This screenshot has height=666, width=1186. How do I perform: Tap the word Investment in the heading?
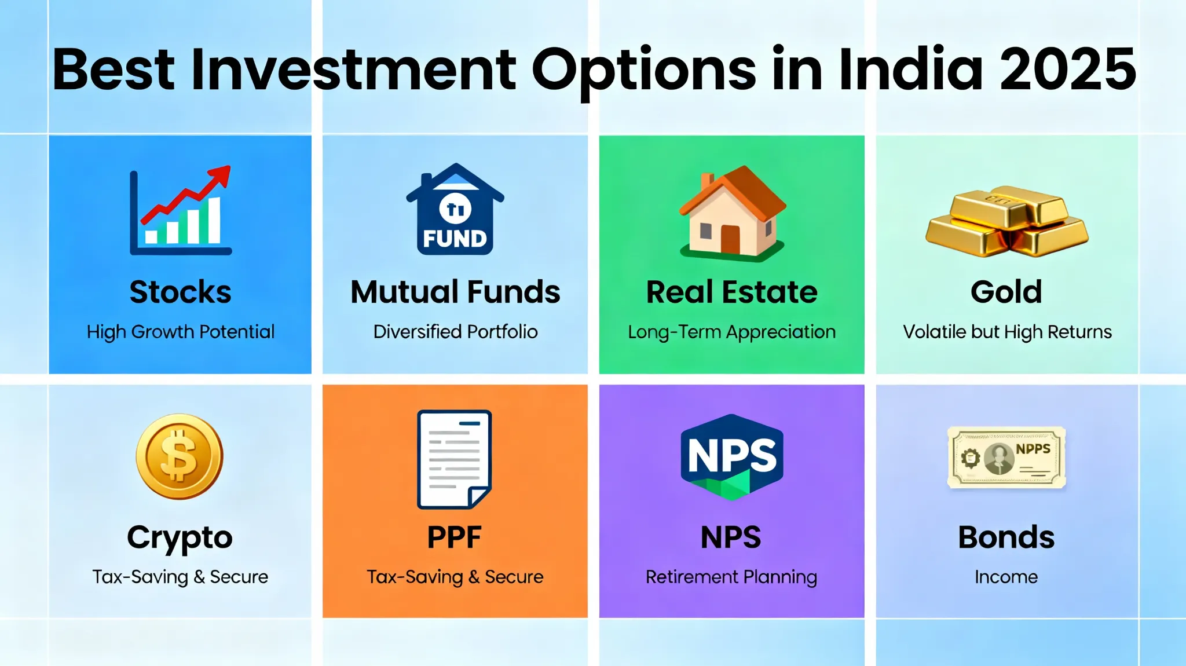tap(353, 69)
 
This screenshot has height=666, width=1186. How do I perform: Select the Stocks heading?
tap(180, 291)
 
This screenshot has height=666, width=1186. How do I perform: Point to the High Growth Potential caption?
tap(180, 332)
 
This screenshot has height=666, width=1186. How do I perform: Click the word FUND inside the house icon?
tap(455, 239)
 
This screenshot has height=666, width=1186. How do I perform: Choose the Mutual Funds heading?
tap(455, 291)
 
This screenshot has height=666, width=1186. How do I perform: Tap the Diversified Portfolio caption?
tap(455, 332)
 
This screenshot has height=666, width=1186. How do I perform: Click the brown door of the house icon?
tap(730, 240)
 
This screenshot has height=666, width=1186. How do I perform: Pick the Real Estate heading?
tap(732, 291)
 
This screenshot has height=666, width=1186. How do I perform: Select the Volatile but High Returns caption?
tap(1007, 332)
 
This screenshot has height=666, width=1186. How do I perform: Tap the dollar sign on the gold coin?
tap(178, 456)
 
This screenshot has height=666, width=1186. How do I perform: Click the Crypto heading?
tap(180, 538)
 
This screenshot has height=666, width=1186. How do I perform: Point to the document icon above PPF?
tap(455, 459)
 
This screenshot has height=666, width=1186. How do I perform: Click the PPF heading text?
tap(455, 537)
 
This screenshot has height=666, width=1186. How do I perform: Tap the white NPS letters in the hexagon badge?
tap(732, 455)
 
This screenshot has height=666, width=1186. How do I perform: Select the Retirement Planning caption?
tap(731, 577)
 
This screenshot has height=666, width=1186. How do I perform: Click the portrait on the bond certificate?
tap(999, 459)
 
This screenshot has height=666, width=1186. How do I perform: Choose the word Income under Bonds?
tap(1006, 577)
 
